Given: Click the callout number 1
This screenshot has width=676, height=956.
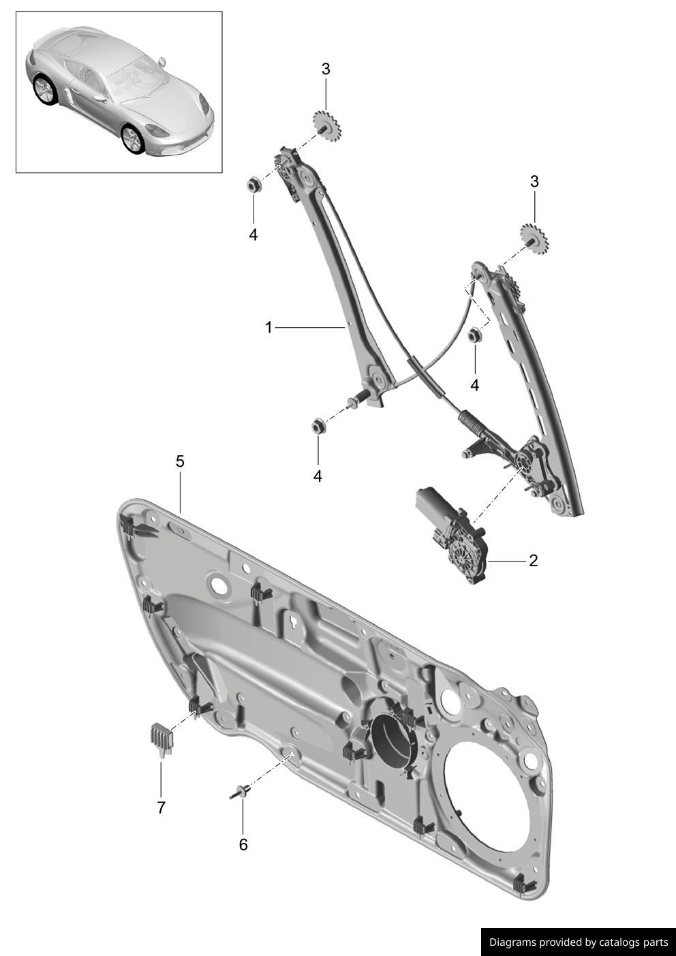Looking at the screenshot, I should tap(268, 328).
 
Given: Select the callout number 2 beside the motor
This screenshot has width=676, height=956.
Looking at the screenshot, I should tap(534, 561).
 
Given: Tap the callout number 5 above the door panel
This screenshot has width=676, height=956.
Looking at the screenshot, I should tap(180, 461).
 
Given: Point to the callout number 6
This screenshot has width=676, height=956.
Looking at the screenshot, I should tap(243, 844).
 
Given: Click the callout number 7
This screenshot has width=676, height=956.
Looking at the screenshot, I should tap(162, 807).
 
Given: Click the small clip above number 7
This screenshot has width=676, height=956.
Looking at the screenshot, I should tap(160, 739).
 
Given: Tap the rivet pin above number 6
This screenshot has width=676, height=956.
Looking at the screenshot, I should tap(241, 792).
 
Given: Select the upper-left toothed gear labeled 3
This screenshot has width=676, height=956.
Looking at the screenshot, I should tap(327, 123).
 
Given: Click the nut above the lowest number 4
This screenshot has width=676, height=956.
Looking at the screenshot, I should tap(317, 426).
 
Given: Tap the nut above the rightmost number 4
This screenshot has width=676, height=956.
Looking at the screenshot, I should tap(475, 335).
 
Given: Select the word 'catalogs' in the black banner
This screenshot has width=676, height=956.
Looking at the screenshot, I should tap(621, 942).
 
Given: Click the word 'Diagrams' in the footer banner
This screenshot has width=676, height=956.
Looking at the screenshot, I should tap(512, 942).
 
